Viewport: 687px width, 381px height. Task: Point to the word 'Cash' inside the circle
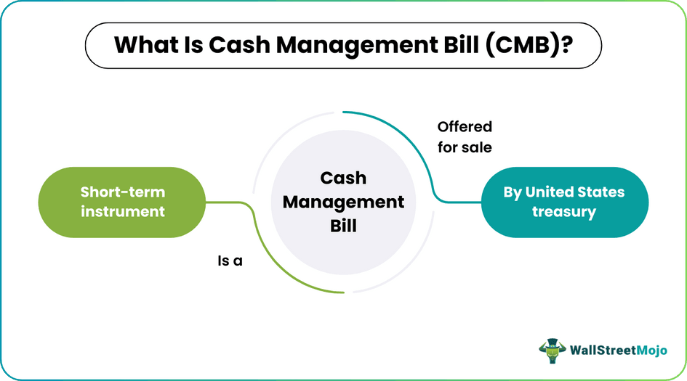(x=343, y=178)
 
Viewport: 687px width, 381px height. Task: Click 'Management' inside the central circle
(x=343, y=202)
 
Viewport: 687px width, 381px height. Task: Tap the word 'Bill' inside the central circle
(x=343, y=226)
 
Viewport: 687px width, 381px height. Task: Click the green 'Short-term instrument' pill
(x=123, y=202)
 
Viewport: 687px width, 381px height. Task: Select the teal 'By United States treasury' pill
(x=563, y=202)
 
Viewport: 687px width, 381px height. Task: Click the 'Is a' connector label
(x=230, y=261)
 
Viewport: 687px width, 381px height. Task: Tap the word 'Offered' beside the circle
(x=465, y=126)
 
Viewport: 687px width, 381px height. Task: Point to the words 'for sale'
(x=465, y=147)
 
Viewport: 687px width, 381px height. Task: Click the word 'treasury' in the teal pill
(x=563, y=212)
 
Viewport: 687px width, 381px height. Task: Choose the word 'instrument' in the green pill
(x=123, y=212)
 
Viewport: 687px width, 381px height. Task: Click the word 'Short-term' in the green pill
(x=123, y=192)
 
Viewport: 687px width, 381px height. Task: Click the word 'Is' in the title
(x=193, y=45)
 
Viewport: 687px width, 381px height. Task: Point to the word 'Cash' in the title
(x=239, y=45)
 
